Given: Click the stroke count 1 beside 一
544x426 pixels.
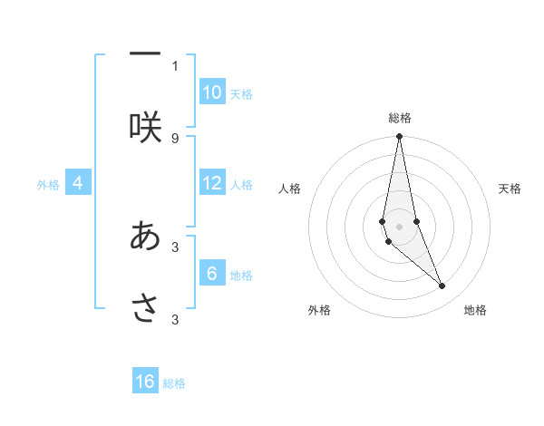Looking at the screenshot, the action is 175,65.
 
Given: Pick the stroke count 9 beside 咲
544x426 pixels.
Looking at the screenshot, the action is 175,138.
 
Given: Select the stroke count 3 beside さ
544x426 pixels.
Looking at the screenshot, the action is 175,319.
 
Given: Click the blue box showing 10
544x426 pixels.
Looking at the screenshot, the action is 212,92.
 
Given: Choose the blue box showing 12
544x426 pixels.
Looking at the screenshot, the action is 212,183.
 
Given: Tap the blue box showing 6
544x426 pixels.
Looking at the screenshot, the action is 212,274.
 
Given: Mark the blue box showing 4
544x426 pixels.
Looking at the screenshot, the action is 78,183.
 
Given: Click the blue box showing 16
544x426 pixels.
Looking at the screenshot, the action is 145,382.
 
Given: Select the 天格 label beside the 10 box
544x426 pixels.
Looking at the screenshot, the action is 241,94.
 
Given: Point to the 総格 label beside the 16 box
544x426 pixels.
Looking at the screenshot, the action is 174,383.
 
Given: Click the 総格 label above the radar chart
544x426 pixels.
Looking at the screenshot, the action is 400,118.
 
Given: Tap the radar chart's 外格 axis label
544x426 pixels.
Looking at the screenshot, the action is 319,310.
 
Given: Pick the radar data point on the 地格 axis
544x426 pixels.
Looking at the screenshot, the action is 442,286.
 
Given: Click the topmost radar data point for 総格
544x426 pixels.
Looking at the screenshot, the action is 400,137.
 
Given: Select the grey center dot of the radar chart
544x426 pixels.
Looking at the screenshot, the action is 400,226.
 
